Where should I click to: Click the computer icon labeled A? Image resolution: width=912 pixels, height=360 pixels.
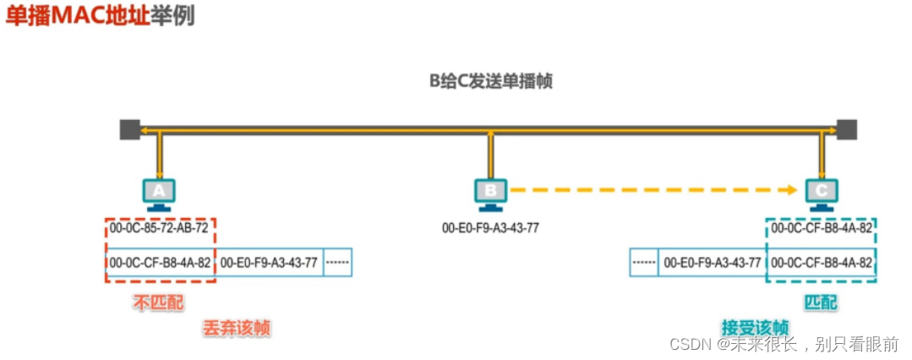(x=159, y=194)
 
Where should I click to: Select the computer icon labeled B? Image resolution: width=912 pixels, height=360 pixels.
(x=489, y=194)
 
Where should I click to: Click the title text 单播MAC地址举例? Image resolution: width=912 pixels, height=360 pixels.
(x=100, y=16)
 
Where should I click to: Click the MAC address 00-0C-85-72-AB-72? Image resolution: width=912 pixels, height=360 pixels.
(x=159, y=229)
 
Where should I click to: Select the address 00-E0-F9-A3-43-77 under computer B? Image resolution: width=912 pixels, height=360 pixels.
(x=490, y=229)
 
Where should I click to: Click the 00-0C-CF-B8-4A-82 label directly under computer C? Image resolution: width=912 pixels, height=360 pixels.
(x=821, y=229)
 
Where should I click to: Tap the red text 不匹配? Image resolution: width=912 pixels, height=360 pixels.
(x=158, y=302)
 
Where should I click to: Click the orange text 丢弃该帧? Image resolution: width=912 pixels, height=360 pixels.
(x=237, y=328)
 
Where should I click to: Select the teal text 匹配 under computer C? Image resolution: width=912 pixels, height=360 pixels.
(x=820, y=302)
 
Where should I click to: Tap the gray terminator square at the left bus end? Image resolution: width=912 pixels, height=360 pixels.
(x=129, y=129)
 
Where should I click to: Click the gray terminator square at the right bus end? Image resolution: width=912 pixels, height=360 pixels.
(x=846, y=129)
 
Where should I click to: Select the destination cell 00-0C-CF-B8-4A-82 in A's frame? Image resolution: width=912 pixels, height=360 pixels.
(x=160, y=263)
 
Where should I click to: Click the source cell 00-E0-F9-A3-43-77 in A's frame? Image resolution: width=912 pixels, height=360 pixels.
(x=269, y=263)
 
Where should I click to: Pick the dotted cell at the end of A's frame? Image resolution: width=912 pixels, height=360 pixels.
(x=337, y=263)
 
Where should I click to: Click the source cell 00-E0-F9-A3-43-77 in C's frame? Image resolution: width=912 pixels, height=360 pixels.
(x=712, y=263)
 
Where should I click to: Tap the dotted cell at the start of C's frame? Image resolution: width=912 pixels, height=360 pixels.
(x=644, y=263)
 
